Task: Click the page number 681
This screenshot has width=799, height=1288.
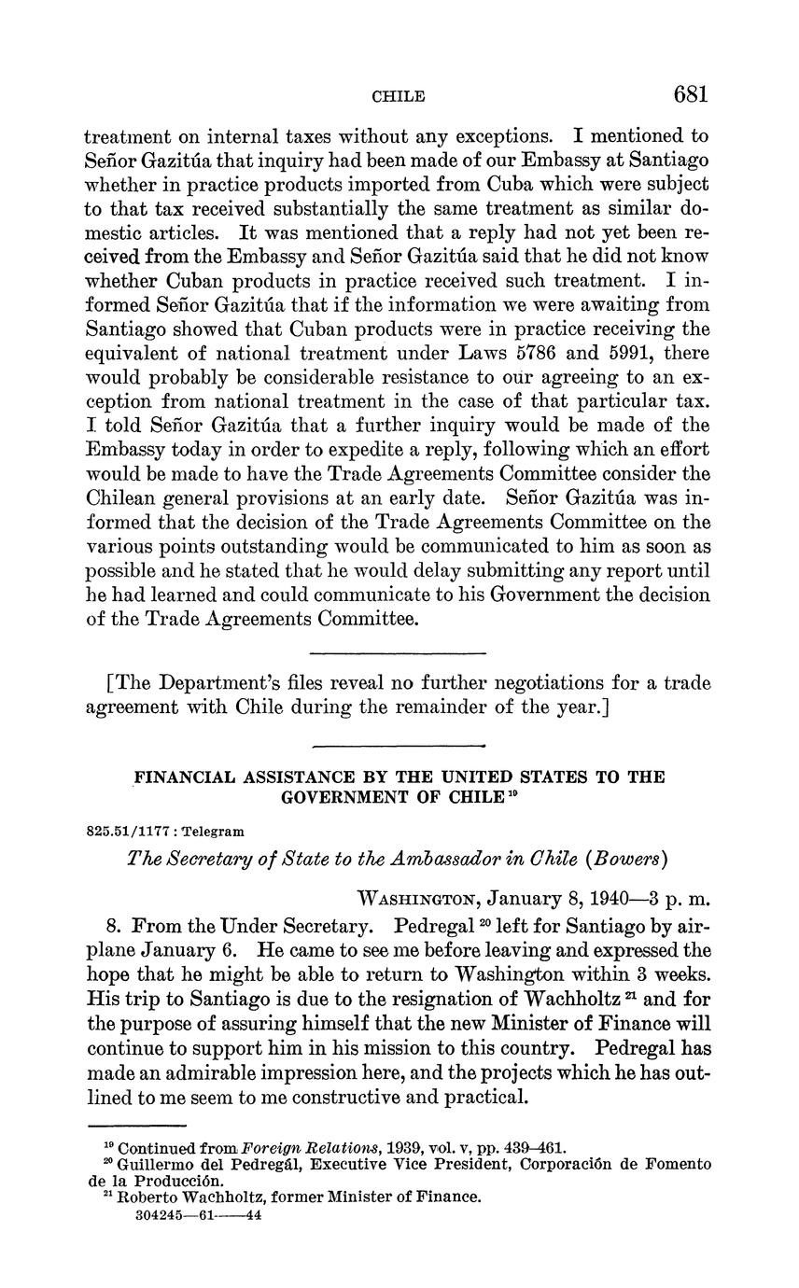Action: pos(690,94)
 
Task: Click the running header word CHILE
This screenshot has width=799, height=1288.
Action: pos(399,96)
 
